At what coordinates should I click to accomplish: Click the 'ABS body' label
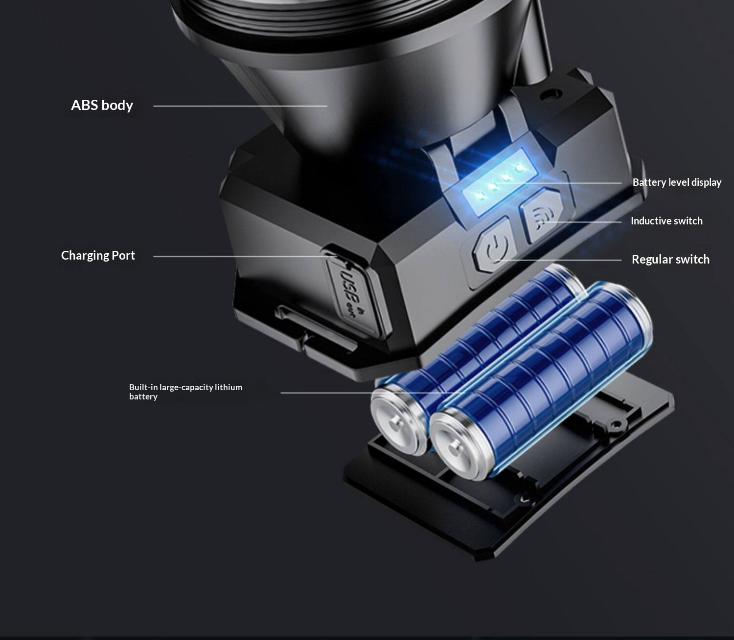(102, 105)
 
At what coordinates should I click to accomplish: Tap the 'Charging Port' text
(98, 256)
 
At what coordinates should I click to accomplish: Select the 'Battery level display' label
(677, 182)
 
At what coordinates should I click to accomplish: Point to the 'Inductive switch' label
(666, 221)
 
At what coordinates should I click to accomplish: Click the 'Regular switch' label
(670, 259)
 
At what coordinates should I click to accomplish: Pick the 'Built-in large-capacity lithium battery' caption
(185, 392)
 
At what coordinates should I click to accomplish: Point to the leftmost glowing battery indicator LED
(480, 196)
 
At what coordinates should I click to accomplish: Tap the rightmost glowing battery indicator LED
(519, 167)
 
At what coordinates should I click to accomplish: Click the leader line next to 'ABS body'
(240, 106)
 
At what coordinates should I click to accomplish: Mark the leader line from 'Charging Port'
(245, 257)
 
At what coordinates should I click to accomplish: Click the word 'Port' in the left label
(123, 256)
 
